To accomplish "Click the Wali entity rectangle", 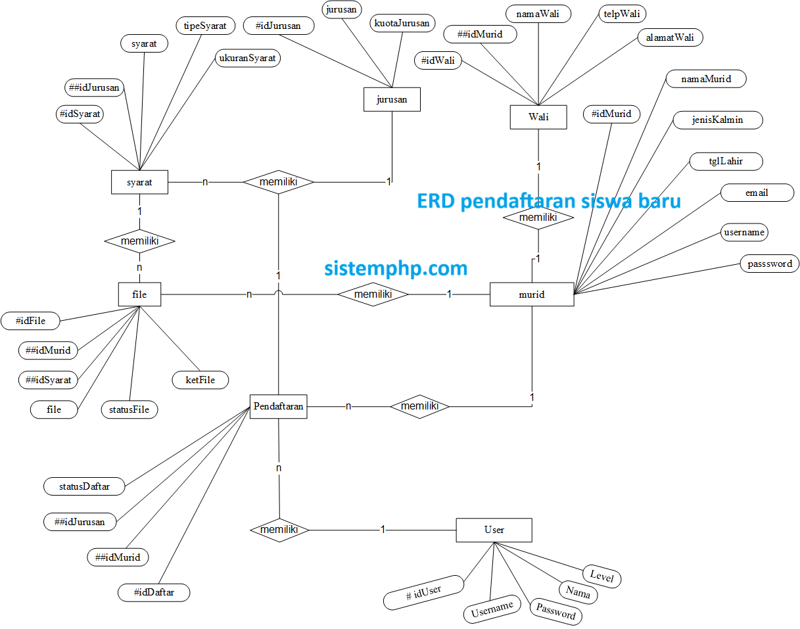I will click(x=538, y=118).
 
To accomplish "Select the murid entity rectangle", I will click(x=532, y=294).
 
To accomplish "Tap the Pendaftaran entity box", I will click(x=278, y=406).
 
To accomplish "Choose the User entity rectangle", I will click(x=494, y=530).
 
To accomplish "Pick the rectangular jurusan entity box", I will click(x=392, y=100).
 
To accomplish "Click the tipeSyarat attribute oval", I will click(x=205, y=26).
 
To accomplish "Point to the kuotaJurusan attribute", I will click(x=402, y=24).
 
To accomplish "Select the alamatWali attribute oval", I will click(x=670, y=37).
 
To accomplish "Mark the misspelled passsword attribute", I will click(x=770, y=264).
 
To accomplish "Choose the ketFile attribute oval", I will click(x=200, y=380).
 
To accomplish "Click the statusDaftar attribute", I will click(x=84, y=487).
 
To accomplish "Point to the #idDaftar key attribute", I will click(x=154, y=593).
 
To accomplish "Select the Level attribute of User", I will click(x=601, y=577).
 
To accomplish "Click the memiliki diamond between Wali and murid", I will click(x=538, y=218).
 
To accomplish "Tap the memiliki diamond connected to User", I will click(x=279, y=530).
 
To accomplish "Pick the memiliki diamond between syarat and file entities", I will click(x=139, y=241).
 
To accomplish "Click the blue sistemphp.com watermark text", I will click(x=396, y=268).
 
